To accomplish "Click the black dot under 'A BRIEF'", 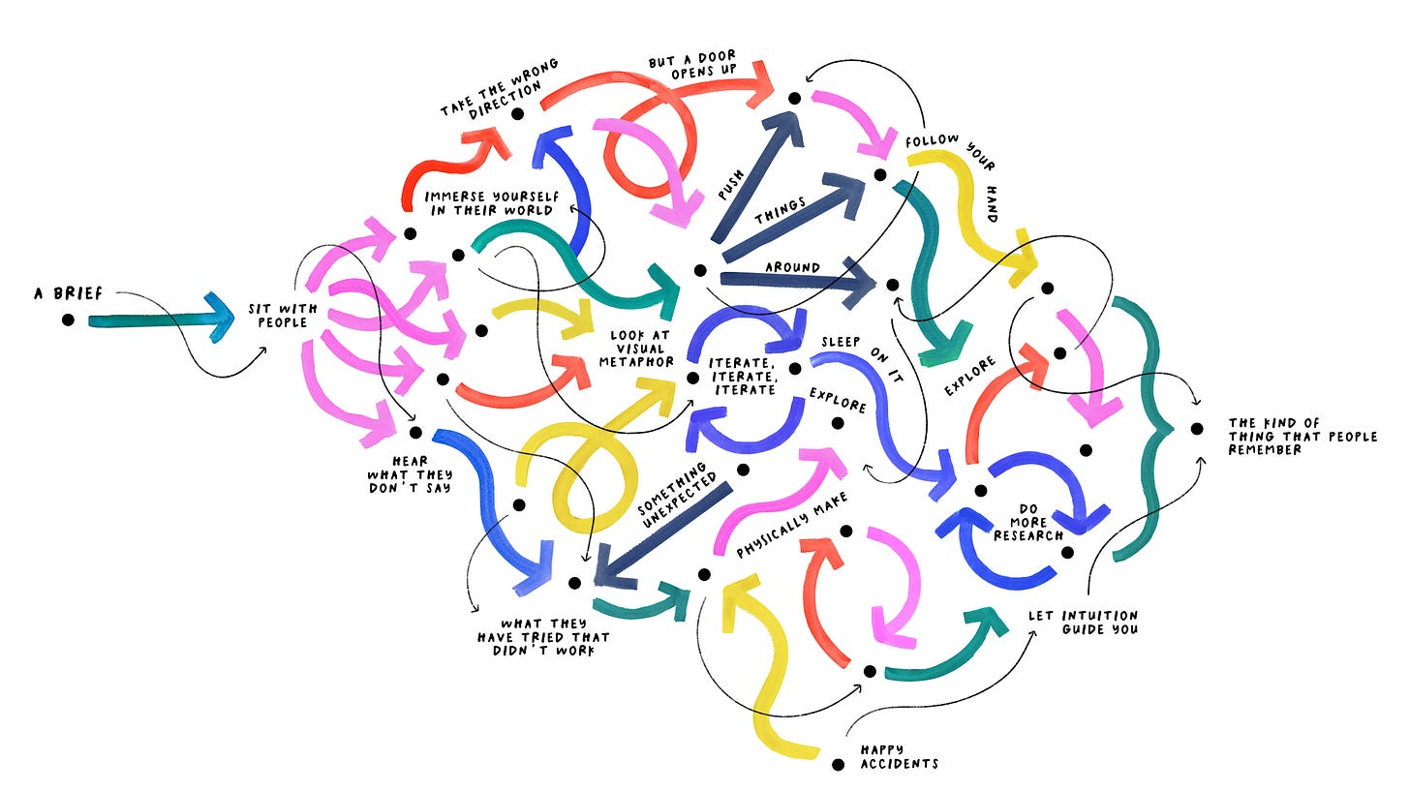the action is tap(68, 319).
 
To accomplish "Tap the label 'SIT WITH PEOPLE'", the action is tap(283, 316).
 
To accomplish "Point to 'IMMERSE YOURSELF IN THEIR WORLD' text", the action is tap(492, 204).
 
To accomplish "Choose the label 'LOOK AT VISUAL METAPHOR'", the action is tap(636, 349).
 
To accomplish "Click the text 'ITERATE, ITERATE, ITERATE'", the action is tap(744, 377).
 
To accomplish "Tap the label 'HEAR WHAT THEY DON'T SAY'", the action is tap(410, 474).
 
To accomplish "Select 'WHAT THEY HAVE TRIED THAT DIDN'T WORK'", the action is tap(544, 637).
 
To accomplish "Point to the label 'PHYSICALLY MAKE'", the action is tap(792, 525).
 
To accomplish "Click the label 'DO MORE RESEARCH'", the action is tap(1028, 522).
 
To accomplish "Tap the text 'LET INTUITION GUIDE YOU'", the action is tap(1084, 623).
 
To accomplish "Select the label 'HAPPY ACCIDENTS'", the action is tap(900, 757).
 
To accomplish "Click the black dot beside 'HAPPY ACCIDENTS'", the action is tap(838, 765).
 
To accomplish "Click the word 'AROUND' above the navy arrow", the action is tap(792, 267).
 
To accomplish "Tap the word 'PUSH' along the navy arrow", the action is tap(731, 185).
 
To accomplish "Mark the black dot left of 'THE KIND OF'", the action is tap(1197, 429).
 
